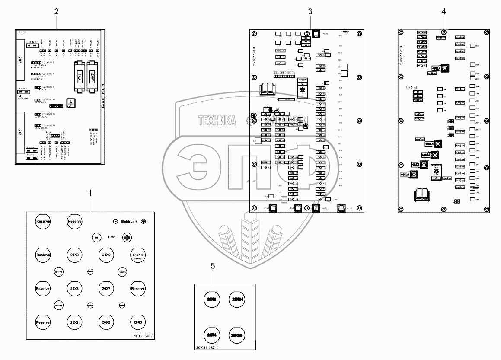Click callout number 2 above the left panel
56,12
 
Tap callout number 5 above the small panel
213,266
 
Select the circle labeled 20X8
74,255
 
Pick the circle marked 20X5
138,322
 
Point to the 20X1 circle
74,322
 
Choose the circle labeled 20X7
106,288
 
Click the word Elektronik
129,221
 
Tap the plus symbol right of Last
127,237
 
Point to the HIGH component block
79,77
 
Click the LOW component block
91,77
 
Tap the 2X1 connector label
20,132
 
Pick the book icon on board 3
267,89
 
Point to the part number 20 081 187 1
207,347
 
